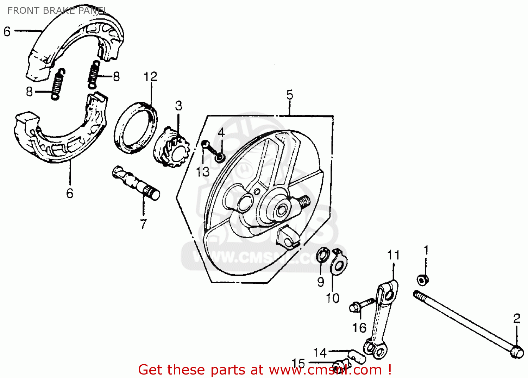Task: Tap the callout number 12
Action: click(150, 77)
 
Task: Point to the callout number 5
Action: click(289, 95)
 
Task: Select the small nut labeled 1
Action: click(422, 280)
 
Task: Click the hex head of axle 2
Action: click(517, 351)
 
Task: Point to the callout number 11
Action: click(393, 255)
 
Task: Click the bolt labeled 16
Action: click(360, 305)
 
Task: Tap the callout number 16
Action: click(359, 328)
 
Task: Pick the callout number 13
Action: click(202, 172)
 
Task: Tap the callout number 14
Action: click(320, 352)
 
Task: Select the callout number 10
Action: click(332, 298)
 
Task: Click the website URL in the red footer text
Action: click(325, 370)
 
